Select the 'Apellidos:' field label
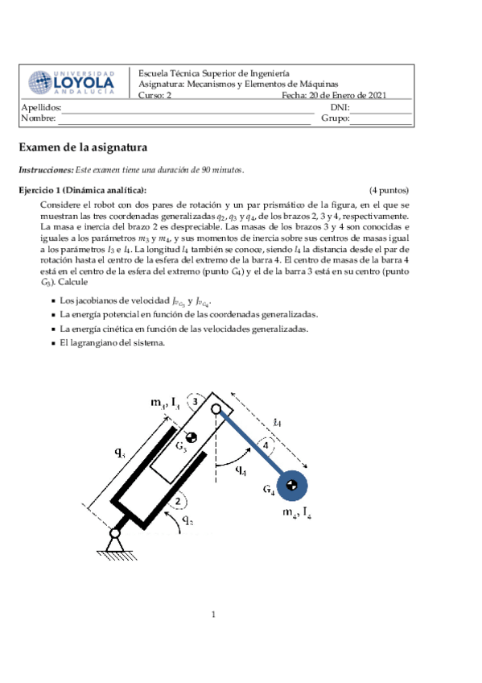(x=41, y=107)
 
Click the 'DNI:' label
(x=340, y=107)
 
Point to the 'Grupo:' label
(x=335, y=118)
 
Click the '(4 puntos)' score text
(x=389, y=190)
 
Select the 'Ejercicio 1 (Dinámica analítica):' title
(x=83, y=190)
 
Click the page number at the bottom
(x=214, y=615)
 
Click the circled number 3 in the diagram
(x=195, y=402)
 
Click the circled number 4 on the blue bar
(x=263, y=446)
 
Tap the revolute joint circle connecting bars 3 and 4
(x=216, y=409)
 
